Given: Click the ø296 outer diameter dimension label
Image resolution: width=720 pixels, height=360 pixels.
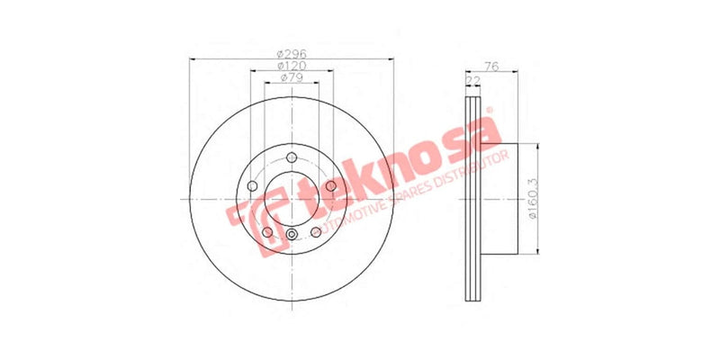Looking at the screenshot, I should [289, 52].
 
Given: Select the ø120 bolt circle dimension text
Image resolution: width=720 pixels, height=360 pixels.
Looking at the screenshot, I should [289, 66].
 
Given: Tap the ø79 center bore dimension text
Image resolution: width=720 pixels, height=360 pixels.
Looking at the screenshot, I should [289, 79].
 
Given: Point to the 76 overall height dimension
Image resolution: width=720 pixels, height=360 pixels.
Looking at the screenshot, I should [491, 65].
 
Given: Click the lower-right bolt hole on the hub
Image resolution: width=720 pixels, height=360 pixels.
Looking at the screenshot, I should [315, 232].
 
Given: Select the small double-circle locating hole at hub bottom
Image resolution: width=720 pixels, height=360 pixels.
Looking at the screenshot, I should [291, 237].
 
